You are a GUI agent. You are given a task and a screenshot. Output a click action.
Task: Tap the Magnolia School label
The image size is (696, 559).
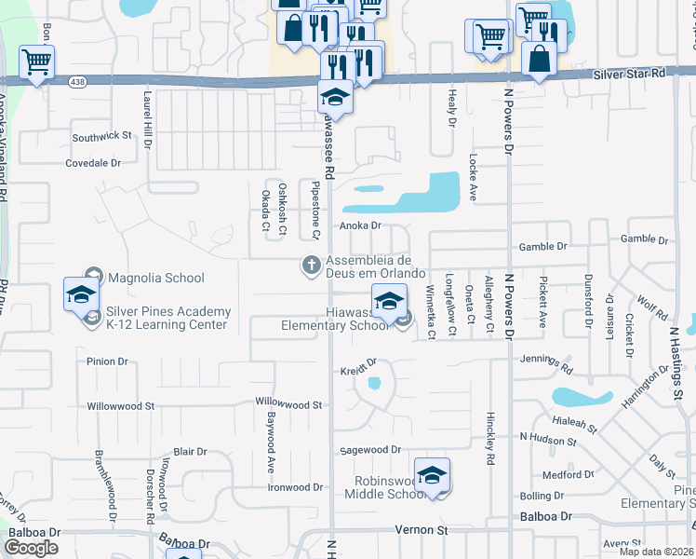[x=156, y=278]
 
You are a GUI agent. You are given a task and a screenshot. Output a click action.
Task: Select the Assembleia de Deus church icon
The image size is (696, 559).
[x=310, y=266]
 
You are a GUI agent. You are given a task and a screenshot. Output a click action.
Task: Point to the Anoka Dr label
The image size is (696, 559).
[x=361, y=225]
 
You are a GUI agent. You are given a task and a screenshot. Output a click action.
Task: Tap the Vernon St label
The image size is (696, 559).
[x=422, y=529]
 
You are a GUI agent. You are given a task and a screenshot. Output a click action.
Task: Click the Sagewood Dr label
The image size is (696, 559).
[x=369, y=449]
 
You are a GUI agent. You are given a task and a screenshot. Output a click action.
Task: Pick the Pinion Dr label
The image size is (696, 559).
[x=107, y=361]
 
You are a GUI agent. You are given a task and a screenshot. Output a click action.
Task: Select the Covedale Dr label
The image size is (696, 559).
[x=93, y=163]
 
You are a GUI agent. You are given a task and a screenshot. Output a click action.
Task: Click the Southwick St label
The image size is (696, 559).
[x=101, y=136]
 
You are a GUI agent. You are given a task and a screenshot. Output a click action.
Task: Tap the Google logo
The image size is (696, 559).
[x=32, y=548]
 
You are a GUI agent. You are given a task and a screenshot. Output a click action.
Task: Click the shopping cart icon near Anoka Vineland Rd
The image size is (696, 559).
[x=36, y=62]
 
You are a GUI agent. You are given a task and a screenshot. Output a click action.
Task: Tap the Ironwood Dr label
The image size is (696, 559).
[x=294, y=487]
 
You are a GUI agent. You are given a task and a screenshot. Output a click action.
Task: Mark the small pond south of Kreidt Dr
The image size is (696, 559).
[x=374, y=383]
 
